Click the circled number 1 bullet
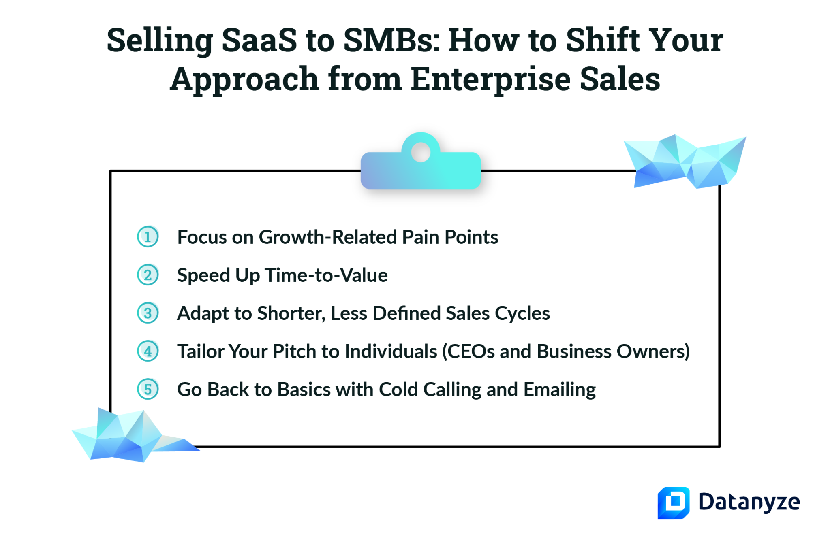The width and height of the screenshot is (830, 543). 148,237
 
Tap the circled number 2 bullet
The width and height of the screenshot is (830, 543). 148,275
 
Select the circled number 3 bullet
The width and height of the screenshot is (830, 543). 148,313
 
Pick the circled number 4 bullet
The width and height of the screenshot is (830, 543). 148,351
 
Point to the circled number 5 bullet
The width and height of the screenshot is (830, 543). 148,389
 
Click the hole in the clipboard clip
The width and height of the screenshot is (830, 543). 421,152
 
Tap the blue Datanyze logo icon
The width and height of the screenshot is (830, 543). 673,503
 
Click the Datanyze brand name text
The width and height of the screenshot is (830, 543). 749,503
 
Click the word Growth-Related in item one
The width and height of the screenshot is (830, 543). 327,237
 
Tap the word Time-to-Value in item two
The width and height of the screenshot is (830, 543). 326,275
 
